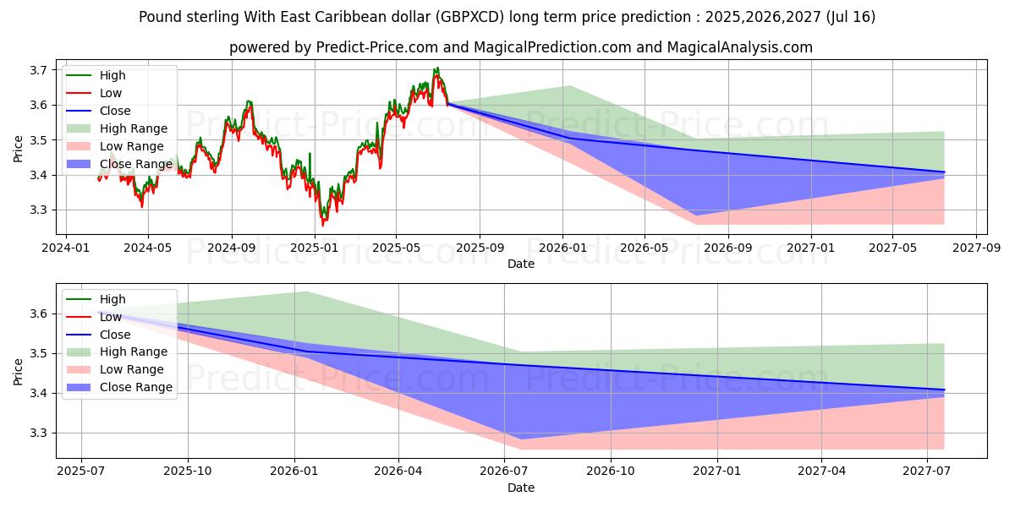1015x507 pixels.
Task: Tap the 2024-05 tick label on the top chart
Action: point(148,248)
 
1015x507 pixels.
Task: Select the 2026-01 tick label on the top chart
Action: point(562,248)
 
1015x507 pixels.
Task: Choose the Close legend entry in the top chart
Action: point(115,111)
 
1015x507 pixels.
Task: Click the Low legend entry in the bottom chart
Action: point(112,317)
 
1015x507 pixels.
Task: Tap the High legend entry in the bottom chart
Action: point(112,299)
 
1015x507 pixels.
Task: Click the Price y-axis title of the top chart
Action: point(19,149)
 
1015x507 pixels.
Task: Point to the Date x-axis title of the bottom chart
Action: point(521,488)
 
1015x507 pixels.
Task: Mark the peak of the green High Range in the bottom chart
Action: point(306,292)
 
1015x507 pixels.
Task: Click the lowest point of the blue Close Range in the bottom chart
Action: point(519,439)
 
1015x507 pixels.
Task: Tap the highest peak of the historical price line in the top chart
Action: point(436,68)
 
